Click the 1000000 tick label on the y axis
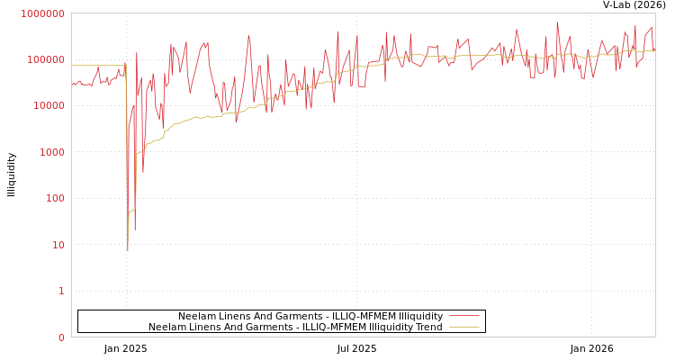[x=44, y=13]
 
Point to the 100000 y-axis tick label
[x=47, y=59]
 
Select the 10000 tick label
[x=49, y=106]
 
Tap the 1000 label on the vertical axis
[x=52, y=152]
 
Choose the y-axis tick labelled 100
[x=55, y=199]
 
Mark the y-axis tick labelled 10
[x=58, y=245]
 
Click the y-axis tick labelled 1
[x=61, y=291]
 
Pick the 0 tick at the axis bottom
[x=61, y=337]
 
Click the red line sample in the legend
[x=463, y=316]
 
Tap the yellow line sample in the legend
[x=463, y=327]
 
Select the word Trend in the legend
[x=427, y=327]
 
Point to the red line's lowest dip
[x=128, y=249]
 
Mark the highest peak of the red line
[x=557, y=22]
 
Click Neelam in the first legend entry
[x=195, y=316]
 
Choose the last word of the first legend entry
[x=414, y=316]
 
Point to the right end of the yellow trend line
[x=654, y=50]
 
